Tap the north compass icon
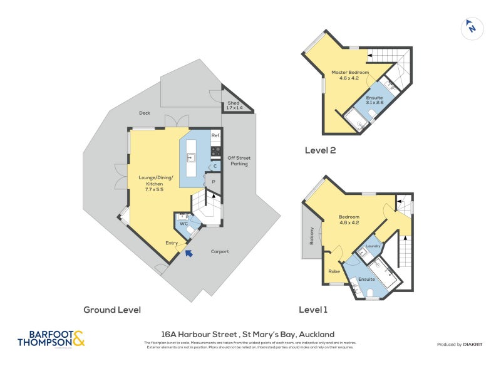tap(472, 28)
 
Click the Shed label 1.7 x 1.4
tap(234, 105)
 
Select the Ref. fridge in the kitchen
tap(215, 135)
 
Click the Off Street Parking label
tap(238, 160)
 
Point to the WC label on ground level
tap(184, 223)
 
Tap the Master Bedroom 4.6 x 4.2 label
tap(349, 76)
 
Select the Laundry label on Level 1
tap(373, 246)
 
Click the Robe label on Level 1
tap(334, 271)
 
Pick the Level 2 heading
tap(321, 150)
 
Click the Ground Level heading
tap(112, 310)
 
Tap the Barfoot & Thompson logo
tap(50, 339)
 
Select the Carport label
tap(220, 251)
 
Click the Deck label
tap(145, 113)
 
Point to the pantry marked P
tap(214, 182)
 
